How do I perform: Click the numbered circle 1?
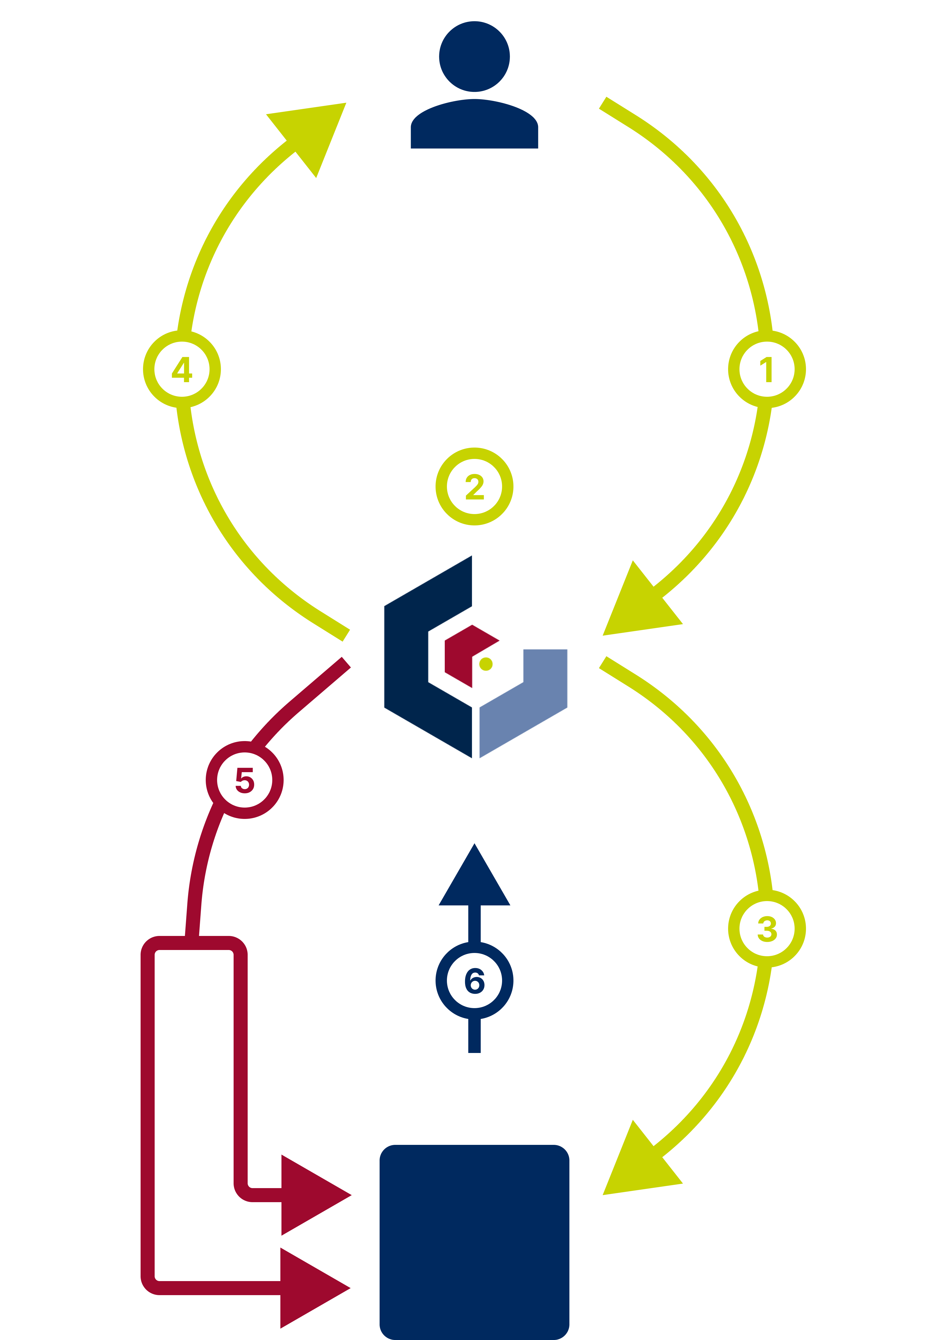[767, 369]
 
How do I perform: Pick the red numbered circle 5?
[244, 780]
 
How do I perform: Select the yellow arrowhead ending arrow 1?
[637, 608]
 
